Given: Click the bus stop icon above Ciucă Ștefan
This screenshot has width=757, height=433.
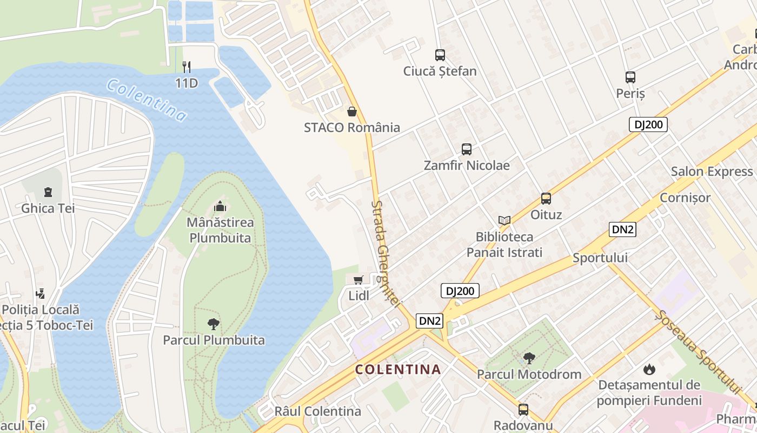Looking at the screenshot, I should pos(440,55).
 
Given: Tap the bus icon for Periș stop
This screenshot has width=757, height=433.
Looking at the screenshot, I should pos(630,77).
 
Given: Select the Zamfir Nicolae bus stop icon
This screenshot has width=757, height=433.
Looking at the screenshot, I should pos(467,149).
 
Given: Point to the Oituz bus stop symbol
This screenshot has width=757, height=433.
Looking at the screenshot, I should pos(546,199).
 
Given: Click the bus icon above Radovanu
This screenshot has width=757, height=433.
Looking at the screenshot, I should pos(523,409).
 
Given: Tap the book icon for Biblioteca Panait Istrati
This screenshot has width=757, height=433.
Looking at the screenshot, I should pos(504,220).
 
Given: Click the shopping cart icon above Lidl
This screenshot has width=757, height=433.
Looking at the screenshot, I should pos(358,280).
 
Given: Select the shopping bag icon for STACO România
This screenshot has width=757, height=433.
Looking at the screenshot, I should pos(352,111).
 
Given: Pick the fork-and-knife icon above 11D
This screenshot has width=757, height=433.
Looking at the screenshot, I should pos(187,67).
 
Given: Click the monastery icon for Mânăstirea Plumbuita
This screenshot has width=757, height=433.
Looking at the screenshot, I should pos(220,206).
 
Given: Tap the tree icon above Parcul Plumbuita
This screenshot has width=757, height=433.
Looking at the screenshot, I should pos(214,324).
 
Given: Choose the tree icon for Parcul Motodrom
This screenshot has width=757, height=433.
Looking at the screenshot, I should pos(529,358).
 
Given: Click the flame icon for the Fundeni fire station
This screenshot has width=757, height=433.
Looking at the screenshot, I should pos(649,370).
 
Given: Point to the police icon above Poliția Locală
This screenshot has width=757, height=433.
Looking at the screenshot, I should pos(40,294).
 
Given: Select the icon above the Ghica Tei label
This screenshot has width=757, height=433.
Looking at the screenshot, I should pos(48,192).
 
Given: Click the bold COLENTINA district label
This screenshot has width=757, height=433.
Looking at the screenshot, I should pos(398,370).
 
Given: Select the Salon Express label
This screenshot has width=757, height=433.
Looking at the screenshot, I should pos(712,172).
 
